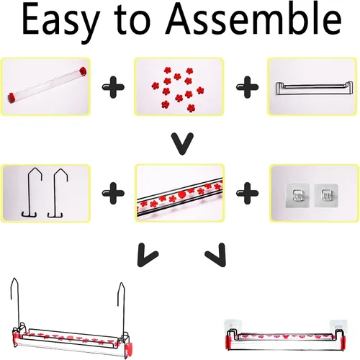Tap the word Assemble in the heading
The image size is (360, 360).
(253, 19)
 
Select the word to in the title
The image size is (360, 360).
(132, 20)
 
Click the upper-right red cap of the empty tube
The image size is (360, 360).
(83, 71)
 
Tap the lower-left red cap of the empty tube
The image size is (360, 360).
(12, 97)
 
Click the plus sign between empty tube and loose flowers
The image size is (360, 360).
(113, 87)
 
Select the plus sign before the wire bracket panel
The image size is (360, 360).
(248, 87)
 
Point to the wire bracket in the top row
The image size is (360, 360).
(314, 89)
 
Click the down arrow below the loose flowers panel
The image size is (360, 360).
(182, 143)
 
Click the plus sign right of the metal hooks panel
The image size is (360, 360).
(113, 193)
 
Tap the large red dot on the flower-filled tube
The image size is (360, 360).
(182, 194)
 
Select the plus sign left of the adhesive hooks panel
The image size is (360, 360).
(248, 193)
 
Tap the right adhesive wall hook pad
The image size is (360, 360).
(326, 195)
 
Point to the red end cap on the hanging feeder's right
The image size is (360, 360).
(128, 348)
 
